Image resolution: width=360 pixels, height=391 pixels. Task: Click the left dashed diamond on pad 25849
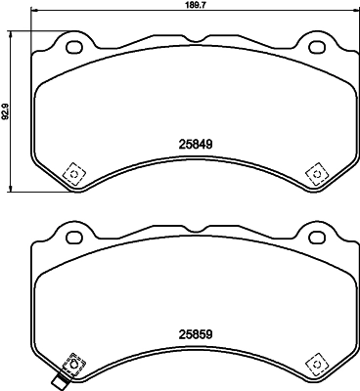click(x=71, y=173)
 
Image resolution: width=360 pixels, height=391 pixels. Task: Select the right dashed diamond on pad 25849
click(x=315, y=173)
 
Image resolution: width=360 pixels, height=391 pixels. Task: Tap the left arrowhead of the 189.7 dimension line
click(x=32, y=13)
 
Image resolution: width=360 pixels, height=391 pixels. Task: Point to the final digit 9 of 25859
click(x=209, y=333)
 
